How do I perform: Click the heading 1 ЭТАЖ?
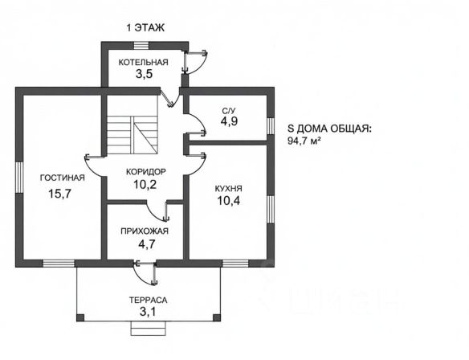pos(145,28)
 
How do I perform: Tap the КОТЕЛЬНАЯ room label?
pos(144,62)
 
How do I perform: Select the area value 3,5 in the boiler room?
pos(145,74)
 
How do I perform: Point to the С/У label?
pos(228,111)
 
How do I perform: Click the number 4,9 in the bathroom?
pos(229,121)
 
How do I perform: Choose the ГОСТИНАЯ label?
pos(63,178)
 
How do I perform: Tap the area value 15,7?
pos(59,194)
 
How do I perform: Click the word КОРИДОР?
pos(145,172)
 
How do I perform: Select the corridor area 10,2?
pos(145,185)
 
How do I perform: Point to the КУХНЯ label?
pos(229,189)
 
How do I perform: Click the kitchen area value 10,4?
pos(229,201)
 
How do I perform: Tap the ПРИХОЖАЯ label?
pos(145,231)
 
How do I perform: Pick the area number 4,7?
pos(146,244)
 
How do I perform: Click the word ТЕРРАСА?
pos(148,300)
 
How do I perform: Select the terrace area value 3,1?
pos(148,312)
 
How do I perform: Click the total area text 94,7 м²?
pos(302,141)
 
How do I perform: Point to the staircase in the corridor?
pos(133,125)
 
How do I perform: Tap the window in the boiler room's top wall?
pos(141,45)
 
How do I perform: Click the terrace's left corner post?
pos(80,317)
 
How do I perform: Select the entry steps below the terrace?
pos(148,329)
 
